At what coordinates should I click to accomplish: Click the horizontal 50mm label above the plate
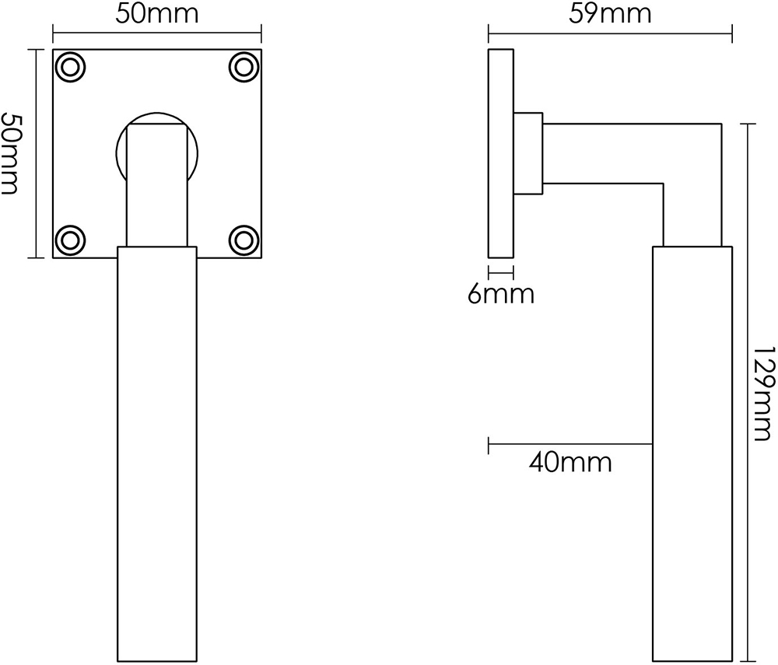[156, 14]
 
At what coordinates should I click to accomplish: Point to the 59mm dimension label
[609, 14]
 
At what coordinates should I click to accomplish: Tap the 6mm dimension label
[501, 296]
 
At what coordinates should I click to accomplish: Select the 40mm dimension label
[569, 463]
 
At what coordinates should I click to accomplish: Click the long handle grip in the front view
[156, 451]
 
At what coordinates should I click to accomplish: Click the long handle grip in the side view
[692, 451]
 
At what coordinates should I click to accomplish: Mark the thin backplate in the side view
[500, 153]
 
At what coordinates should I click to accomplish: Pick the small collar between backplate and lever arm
[527, 153]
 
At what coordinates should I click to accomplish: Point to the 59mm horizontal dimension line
[609, 33]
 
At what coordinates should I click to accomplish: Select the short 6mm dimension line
[500, 272]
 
